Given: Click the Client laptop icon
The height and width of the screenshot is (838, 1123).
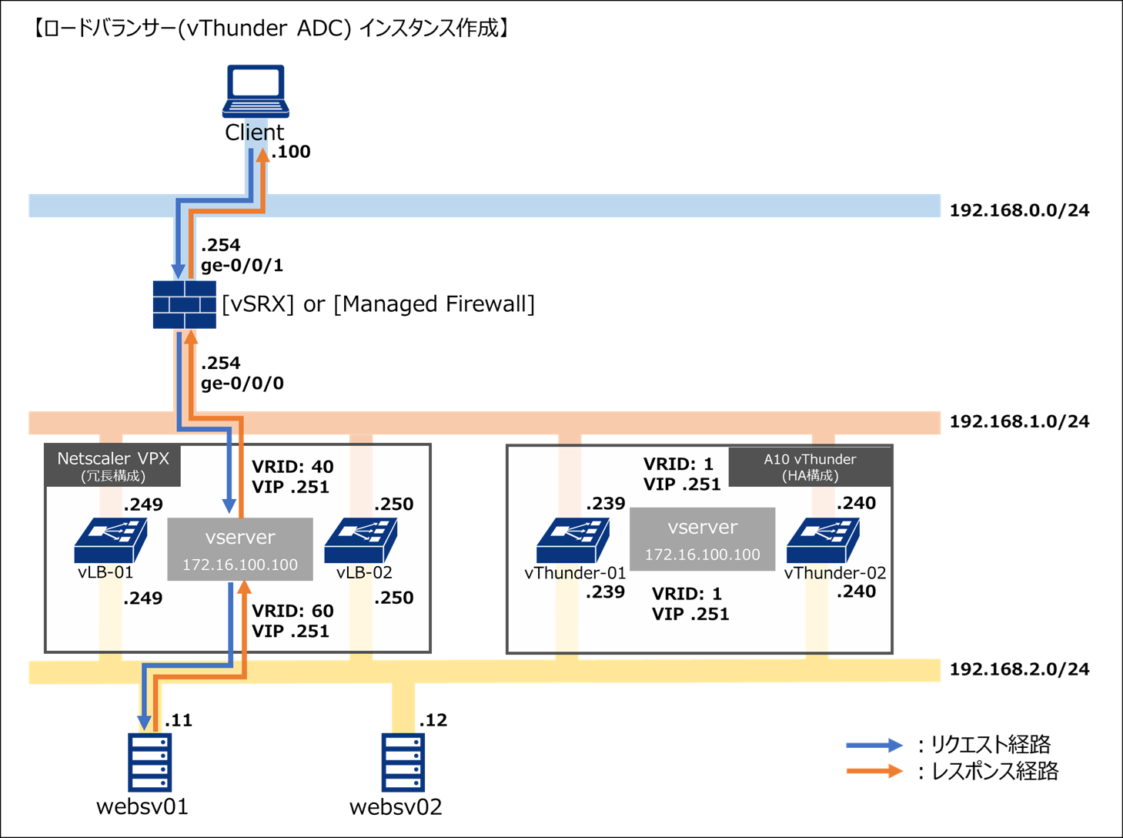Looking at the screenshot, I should pos(256,91).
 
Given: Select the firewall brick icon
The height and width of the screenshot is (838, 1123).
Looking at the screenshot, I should pos(184,305).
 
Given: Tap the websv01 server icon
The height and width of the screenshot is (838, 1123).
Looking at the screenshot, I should pos(149,762).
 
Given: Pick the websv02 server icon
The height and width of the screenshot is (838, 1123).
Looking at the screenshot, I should pos(403,762).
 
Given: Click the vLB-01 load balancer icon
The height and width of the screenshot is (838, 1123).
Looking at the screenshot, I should pos(110,540).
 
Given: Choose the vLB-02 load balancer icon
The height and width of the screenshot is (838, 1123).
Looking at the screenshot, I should pos(360,540).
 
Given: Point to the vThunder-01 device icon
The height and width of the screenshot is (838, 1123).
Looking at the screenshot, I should pos(573,540).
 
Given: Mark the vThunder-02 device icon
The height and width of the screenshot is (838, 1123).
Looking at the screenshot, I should pos(823,540).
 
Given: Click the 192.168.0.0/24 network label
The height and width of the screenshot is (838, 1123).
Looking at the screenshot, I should pos(1019,210).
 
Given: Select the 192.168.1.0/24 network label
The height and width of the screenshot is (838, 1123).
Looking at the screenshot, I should pos(1019,421).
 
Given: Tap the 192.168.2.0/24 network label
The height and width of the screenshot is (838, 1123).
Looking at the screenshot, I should pos(1019,669).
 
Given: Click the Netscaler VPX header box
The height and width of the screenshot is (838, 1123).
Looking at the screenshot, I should pos(113,466).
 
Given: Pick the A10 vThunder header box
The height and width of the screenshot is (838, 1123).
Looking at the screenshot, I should pos(810,467).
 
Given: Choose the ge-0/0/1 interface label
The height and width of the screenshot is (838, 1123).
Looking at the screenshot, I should pos(242,266).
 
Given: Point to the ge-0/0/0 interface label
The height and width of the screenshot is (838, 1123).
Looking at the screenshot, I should pos(242,384).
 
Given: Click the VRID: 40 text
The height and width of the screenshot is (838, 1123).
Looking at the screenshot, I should pos(292,467).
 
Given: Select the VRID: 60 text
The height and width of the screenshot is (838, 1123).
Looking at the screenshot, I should pos(292,612).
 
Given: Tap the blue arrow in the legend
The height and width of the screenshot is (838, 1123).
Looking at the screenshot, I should pos(874,745).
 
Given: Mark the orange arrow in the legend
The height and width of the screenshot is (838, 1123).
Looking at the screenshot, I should pos(874,771).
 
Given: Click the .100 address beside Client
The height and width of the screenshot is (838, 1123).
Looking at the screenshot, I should pos(291,152).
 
